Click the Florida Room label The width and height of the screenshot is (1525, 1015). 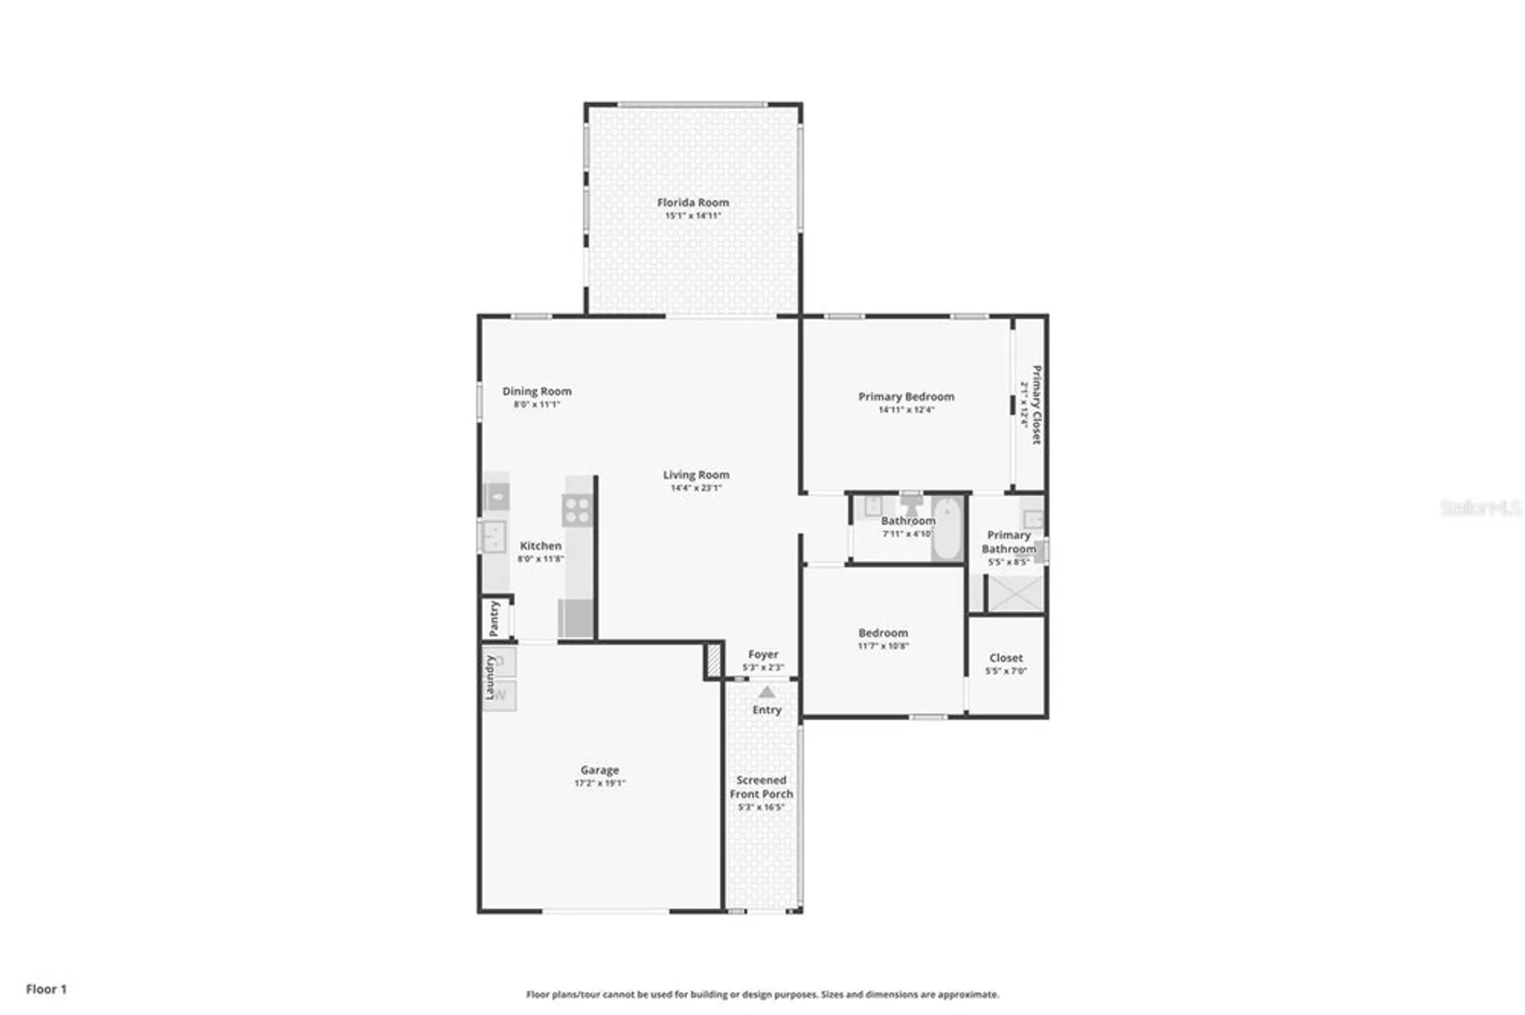tap(692, 203)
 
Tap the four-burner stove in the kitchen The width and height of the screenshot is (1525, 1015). tap(577, 510)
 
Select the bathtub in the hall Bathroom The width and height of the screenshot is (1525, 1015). tap(947, 528)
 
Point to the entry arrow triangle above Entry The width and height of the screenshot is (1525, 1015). tap(767, 692)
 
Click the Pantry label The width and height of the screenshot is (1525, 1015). tap(494, 618)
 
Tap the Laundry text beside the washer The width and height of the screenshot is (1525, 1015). tap(490, 677)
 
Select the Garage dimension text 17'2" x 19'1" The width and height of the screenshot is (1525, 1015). tap(599, 783)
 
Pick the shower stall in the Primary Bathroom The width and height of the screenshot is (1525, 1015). tap(1015, 594)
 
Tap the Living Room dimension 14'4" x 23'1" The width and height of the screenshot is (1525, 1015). tap(695, 488)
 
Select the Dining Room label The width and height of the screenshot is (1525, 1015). tap(537, 391)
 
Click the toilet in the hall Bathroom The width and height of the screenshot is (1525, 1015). tap(911, 504)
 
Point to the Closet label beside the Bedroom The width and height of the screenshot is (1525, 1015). tap(1006, 658)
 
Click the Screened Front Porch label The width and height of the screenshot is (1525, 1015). tap(761, 787)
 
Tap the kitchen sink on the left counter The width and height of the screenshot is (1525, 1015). tap(494, 536)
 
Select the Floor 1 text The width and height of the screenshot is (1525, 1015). tap(47, 989)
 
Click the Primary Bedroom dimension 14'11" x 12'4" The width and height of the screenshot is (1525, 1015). tap(906, 410)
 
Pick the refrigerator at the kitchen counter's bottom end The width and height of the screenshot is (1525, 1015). tap(576, 618)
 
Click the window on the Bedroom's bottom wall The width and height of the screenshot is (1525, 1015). tap(928, 717)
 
